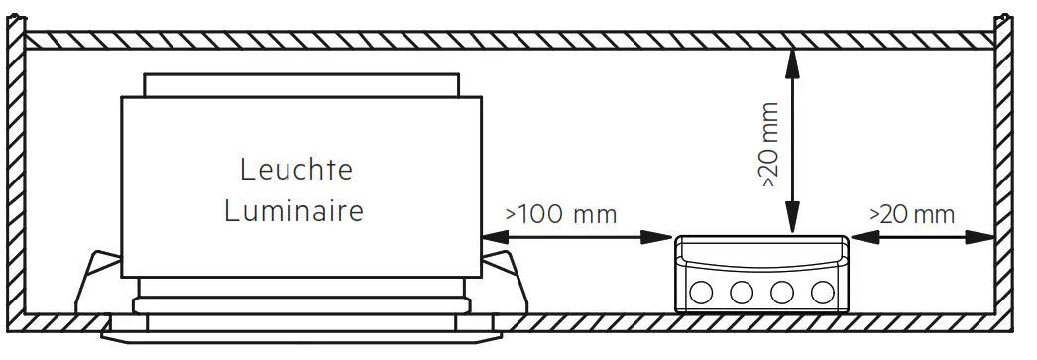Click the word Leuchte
[295, 170]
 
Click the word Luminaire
[293, 210]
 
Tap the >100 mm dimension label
[560, 214]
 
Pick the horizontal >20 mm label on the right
[911, 214]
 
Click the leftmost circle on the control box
[701, 292]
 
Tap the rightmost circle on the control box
[821, 292]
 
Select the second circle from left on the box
[741, 292]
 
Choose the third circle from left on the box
[781, 292]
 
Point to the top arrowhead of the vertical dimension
[791, 60]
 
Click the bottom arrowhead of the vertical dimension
[791, 223]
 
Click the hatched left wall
[14, 179]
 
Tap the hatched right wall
[1003, 179]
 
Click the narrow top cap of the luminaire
[301, 84]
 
